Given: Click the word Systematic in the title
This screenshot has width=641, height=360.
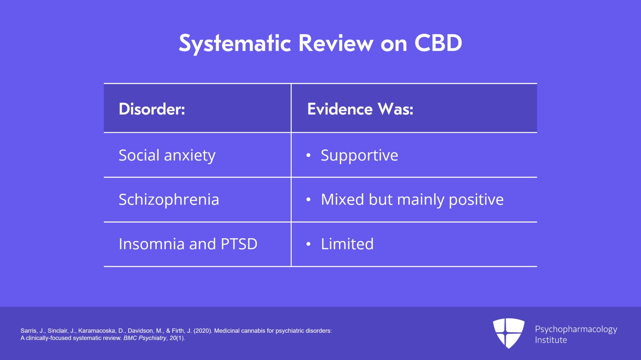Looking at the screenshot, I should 235,43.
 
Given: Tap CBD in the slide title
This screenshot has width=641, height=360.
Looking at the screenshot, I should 438,43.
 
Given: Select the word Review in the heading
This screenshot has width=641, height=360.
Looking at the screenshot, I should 336,43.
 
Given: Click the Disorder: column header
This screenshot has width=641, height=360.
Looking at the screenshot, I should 152,109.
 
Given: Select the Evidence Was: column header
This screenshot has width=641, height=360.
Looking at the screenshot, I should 360,109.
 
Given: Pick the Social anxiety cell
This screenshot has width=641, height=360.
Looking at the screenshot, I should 167,155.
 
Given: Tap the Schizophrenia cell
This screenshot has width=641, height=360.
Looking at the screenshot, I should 169,199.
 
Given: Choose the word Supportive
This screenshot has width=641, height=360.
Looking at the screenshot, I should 359,155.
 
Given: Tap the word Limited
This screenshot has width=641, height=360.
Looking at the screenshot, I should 347,244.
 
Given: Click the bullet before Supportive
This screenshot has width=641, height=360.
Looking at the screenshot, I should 308,155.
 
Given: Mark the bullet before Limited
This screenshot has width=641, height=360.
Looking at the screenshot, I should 308,244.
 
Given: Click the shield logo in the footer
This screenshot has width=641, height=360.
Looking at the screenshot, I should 508,333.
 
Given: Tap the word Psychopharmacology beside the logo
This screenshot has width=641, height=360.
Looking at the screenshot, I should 576,329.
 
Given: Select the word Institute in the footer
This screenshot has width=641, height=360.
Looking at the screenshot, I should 550,340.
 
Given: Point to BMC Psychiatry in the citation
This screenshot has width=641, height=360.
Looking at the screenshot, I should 145,338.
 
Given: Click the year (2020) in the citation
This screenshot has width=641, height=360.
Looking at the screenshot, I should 203,331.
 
